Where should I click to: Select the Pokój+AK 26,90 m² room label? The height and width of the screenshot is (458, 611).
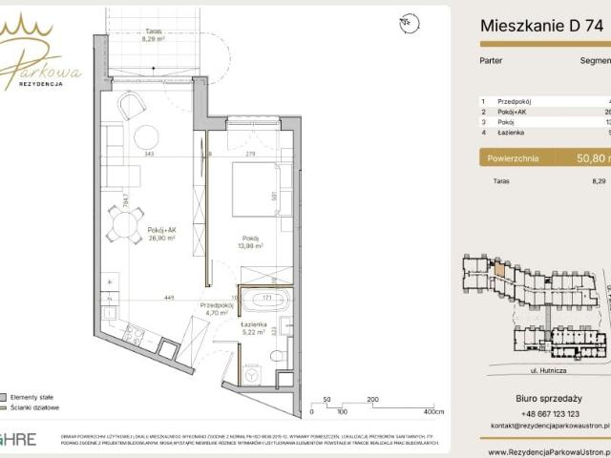pos(160,234)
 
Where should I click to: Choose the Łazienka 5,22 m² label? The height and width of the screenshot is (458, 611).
pos(254,329)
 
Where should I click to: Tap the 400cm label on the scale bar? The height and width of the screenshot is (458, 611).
pos(433,412)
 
